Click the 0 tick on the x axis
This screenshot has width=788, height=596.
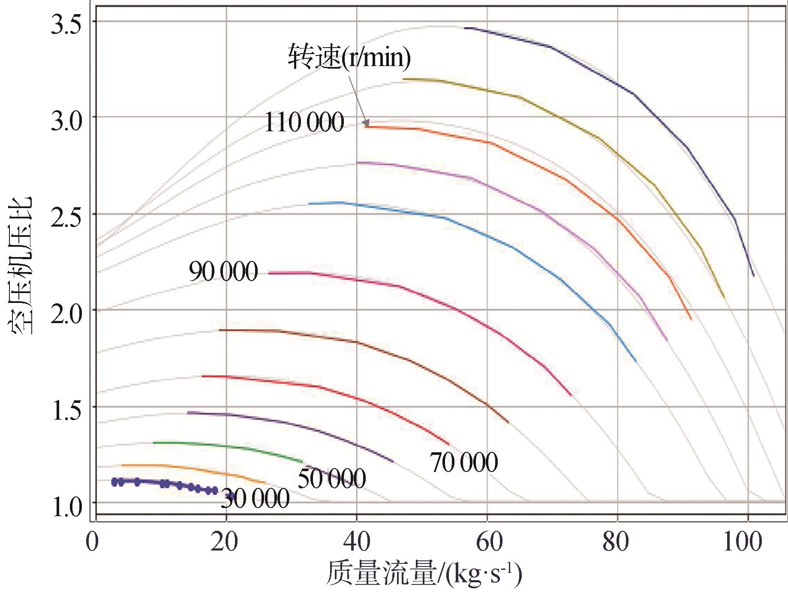[x=92, y=541]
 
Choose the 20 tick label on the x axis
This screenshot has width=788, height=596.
[x=224, y=541]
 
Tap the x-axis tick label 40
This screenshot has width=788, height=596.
[x=356, y=541]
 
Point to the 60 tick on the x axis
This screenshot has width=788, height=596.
[x=488, y=541]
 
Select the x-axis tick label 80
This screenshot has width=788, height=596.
[x=616, y=541]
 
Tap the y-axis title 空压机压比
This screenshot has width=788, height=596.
[x=20, y=266]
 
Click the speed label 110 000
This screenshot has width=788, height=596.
[x=304, y=122]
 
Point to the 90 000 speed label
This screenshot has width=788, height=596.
[x=223, y=271]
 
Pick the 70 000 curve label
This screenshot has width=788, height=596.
[x=464, y=462]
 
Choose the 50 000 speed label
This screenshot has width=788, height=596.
[x=332, y=478]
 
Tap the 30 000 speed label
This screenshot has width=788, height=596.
[x=255, y=499]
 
